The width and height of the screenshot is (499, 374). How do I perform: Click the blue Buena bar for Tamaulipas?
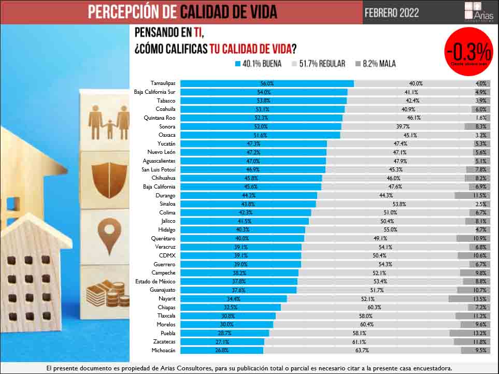point(267,83)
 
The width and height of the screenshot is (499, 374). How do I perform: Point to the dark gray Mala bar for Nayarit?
point(469,299)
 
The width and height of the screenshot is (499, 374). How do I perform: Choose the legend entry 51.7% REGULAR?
point(318,64)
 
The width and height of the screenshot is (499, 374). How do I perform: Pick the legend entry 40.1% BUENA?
point(259,64)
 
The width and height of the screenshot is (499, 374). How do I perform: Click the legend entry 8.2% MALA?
point(376,64)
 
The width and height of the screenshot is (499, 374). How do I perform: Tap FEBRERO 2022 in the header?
point(392,12)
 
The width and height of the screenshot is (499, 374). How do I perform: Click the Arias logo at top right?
point(478,12)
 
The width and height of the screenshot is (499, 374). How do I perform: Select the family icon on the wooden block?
point(108,123)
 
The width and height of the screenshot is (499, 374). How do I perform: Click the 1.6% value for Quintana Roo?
point(480,118)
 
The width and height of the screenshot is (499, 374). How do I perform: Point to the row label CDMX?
point(167,256)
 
